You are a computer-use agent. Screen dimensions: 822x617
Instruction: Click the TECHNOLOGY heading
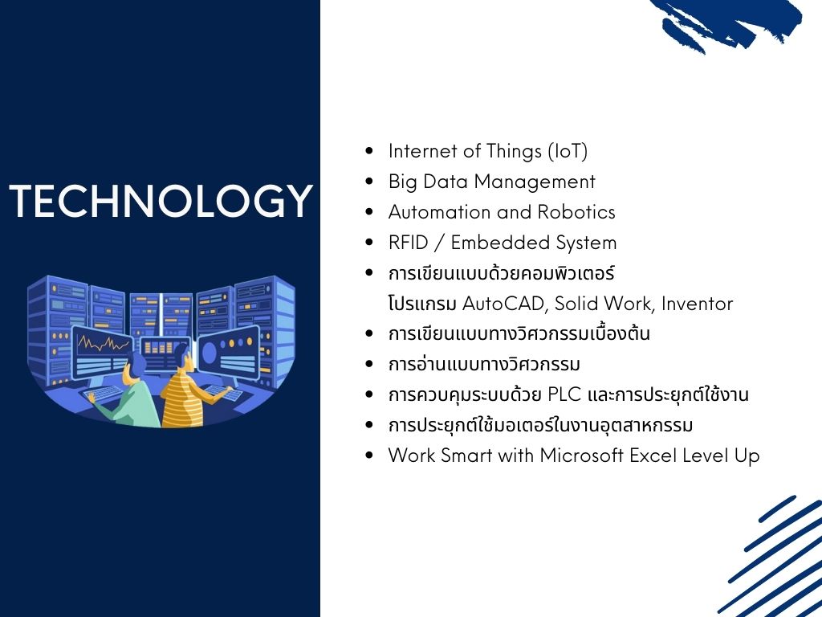tap(161, 200)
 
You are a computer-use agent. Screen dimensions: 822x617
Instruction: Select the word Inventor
tap(697, 304)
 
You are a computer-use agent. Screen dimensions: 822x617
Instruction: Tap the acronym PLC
tap(564, 394)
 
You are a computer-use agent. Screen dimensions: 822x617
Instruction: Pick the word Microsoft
tap(582, 456)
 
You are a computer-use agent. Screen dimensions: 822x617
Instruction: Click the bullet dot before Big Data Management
tap(369, 182)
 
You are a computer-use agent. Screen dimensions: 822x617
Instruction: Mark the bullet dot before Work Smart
tap(369, 456)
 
